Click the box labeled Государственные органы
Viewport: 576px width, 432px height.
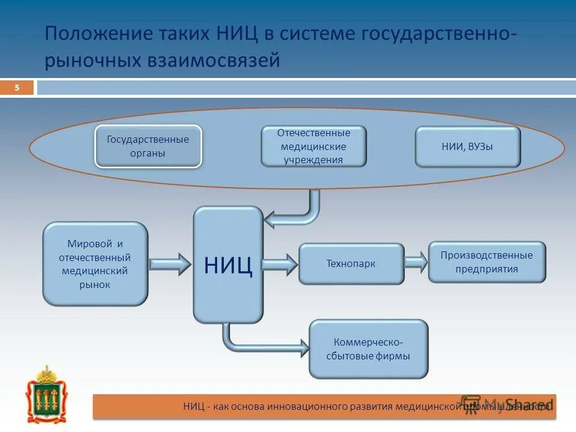tap(148, 146)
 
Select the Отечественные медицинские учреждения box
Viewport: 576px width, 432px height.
tap(313, 146)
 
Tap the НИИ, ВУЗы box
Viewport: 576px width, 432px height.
tap(467, 146)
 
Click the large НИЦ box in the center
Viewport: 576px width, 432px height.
tap(228, 265)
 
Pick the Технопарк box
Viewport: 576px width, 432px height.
tap(351, 263)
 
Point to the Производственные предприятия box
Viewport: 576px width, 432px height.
tap(487, 262)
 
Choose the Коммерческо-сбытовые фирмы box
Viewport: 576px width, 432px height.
tap(368, 349)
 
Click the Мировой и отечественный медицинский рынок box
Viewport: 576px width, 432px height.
tap(95, 264)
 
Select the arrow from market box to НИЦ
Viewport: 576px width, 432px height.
tap(169, 263)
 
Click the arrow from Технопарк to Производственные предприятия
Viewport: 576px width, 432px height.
tap(416, 262)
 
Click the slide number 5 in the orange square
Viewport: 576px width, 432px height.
tap(17, 88)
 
